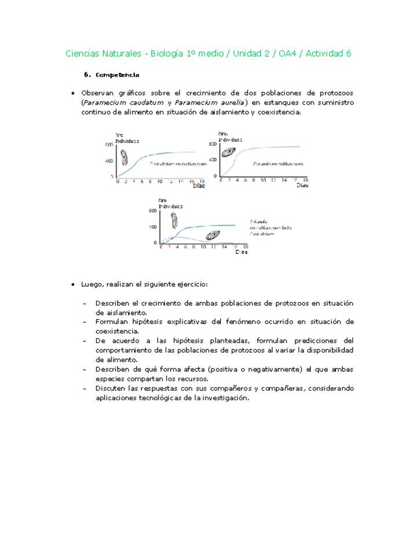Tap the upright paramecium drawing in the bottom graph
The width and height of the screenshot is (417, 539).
174,220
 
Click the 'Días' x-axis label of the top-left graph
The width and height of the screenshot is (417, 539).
199,186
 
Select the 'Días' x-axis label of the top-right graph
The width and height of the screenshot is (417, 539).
302,186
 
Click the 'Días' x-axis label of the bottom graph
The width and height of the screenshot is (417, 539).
242,252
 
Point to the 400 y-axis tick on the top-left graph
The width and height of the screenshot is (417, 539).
109,160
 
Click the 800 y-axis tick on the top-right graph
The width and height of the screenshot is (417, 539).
213,144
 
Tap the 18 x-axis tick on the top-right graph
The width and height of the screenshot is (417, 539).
306,180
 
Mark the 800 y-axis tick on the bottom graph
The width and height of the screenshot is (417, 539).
153,211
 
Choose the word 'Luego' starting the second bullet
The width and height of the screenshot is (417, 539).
92,285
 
